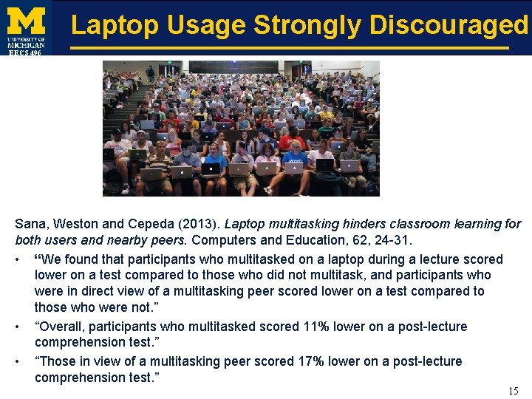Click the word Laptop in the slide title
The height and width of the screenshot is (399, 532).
[115, 26]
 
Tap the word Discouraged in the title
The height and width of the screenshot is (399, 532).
[449, 26]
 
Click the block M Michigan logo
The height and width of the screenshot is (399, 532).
[26, 21]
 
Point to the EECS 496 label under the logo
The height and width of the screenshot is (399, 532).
[25, 52]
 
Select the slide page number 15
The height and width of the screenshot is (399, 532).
[514, 391]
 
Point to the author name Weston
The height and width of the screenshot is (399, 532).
[77, 224]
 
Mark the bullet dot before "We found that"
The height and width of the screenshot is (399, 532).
[18, 259]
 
